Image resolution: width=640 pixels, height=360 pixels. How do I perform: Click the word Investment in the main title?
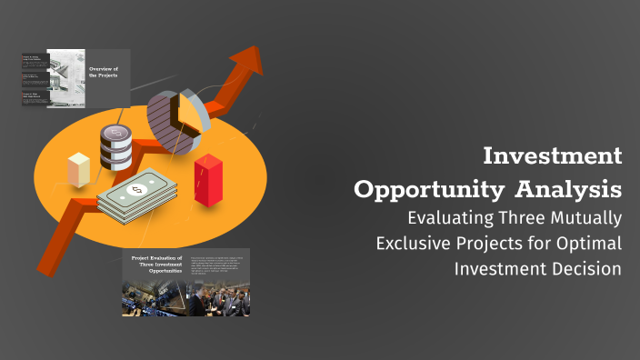point(553,156)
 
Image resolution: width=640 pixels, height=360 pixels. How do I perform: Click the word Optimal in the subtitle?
point(592,244)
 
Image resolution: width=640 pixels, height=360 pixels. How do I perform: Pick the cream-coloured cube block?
point(79,171)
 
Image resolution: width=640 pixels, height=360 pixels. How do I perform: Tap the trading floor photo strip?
point(185,298)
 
